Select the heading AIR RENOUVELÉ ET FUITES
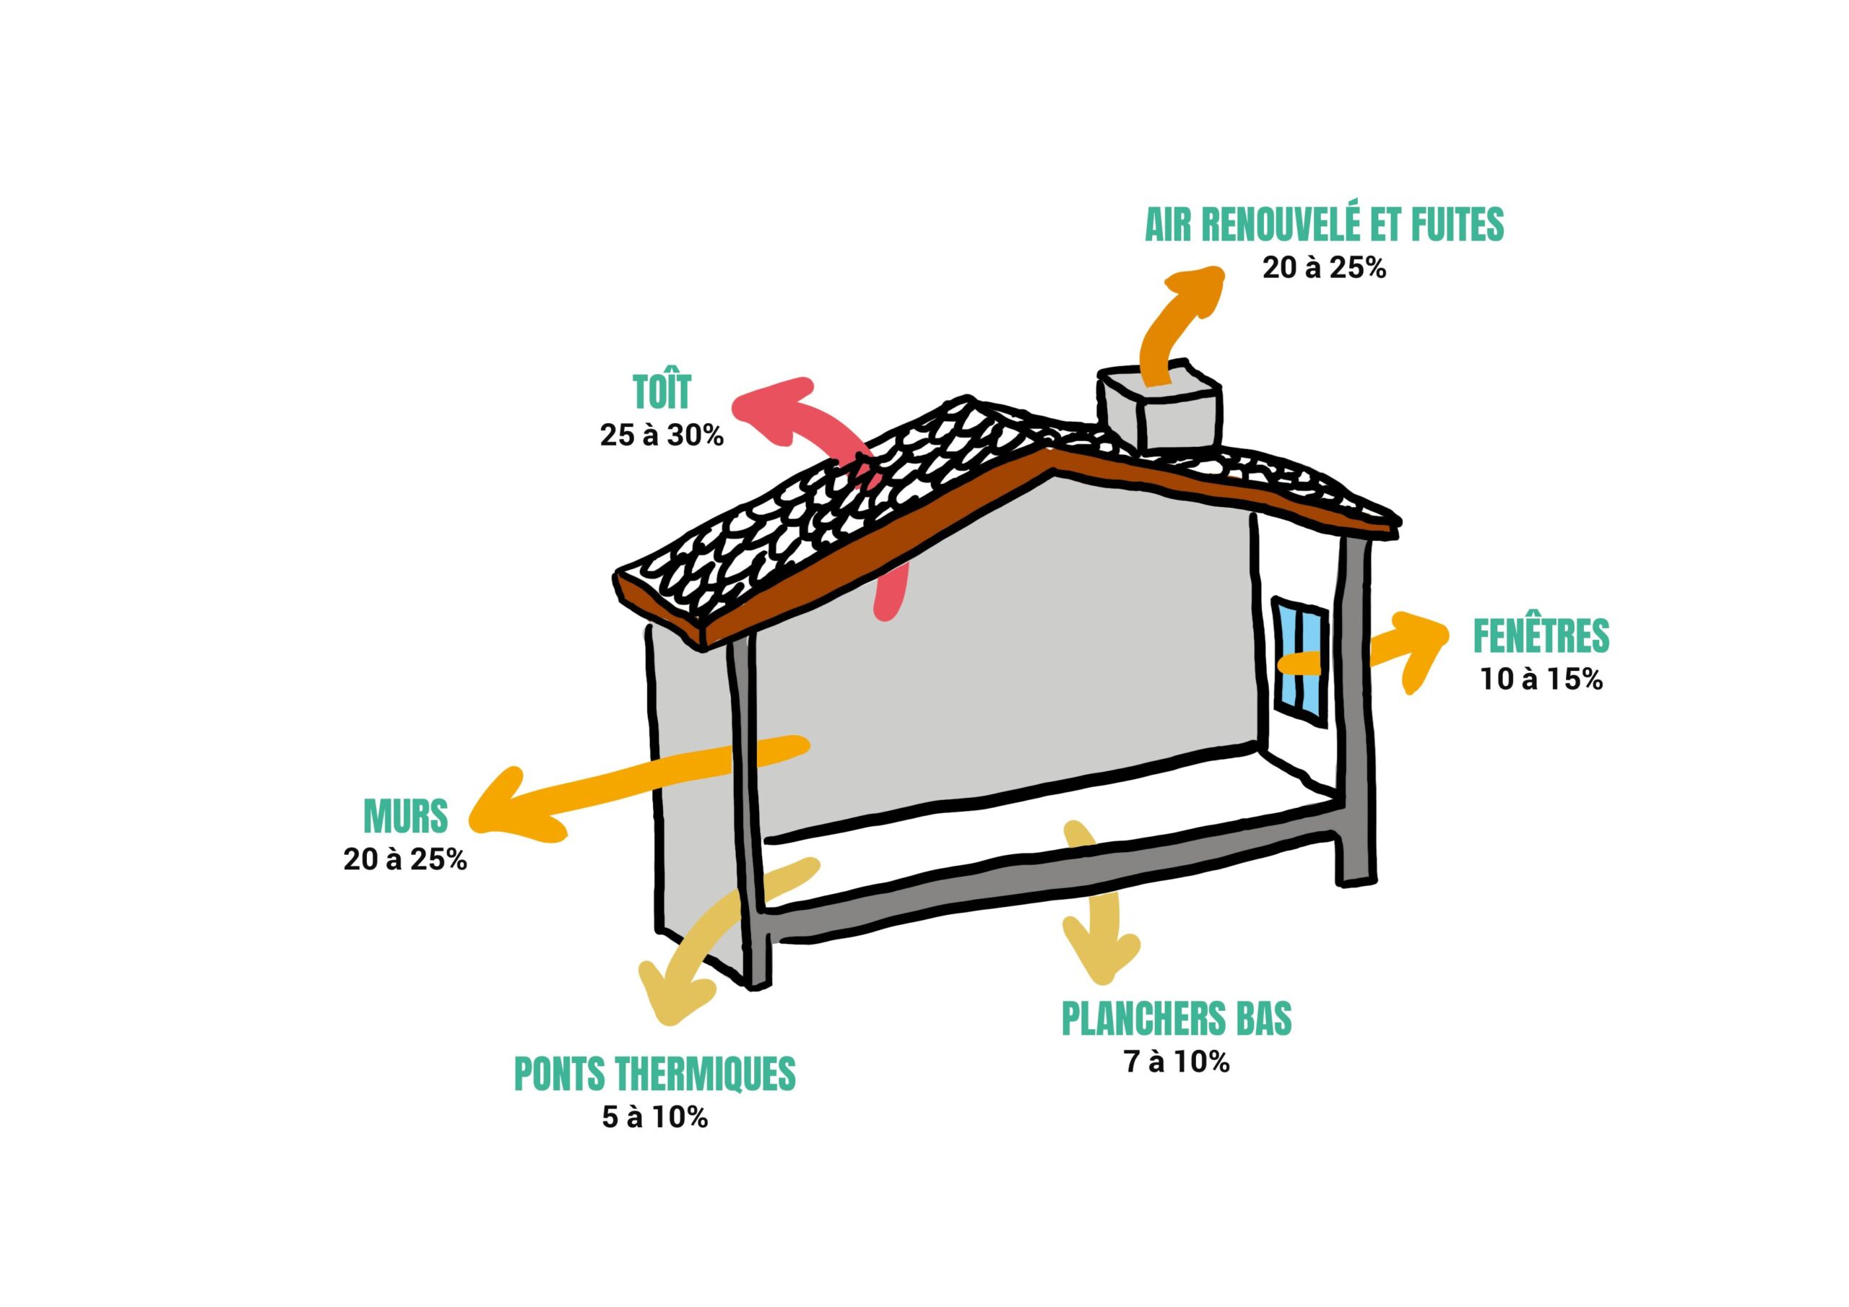click(1323, 225)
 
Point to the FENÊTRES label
click(1541, 636)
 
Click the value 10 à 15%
click(1541, 679)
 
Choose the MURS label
click(405, 817)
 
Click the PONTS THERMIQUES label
click(654, 1074)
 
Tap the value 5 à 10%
click(654, 1118)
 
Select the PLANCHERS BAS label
click(1177, 1019)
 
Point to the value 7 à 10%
click(1177, 1062)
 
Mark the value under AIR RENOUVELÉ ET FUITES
click(1323, 268)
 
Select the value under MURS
click(405, 860)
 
